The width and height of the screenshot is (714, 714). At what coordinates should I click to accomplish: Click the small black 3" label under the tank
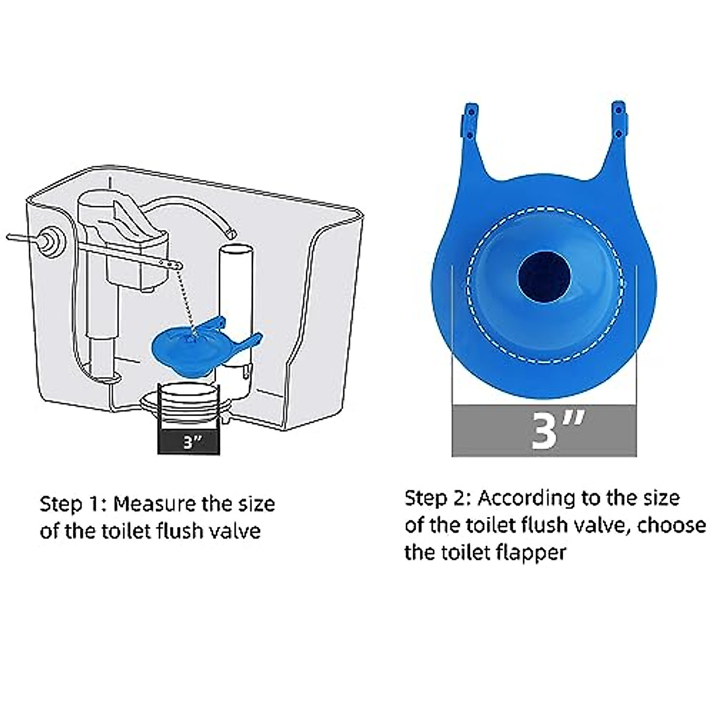coord(189,442)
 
